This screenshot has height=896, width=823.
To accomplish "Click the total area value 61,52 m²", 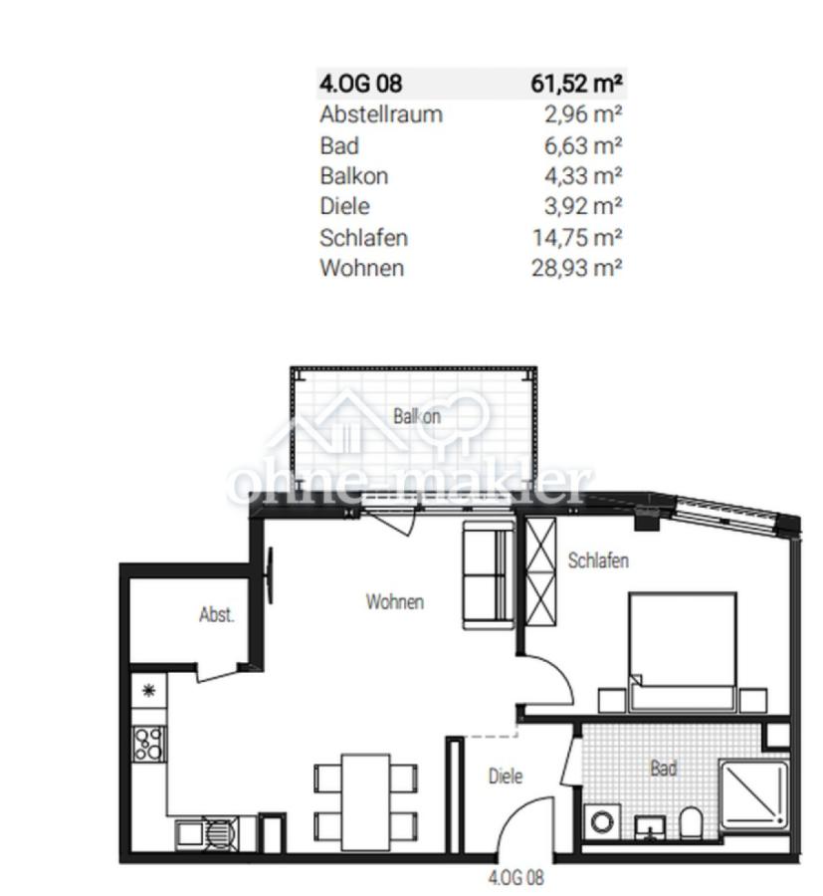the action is [x=576, y=84].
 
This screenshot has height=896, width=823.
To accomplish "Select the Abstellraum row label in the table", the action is [x=381, y=114].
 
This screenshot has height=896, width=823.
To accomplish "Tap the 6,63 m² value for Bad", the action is [x=582, y=145].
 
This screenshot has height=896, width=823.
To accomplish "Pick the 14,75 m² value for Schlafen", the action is [x=577, y=237].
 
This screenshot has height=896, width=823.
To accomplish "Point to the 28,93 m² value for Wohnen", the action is [x=577, y=268].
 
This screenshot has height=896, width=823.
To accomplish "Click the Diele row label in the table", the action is [x=345, y=206].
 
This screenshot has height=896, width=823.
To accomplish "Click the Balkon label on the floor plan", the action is [x=417, y=416].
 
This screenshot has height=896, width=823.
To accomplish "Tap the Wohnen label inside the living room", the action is [x=395, y=601].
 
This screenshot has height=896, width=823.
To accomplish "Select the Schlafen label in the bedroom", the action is [x=598, y=560].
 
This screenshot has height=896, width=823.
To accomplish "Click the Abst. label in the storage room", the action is [x=217, y=615].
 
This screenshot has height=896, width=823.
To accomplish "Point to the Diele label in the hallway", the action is [x=506, y=776].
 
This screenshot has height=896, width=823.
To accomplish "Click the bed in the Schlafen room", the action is [x=682, y=652].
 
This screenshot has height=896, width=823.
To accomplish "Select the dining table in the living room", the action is [x=366, y=802].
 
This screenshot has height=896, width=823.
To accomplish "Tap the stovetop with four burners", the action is [x=149, y=744].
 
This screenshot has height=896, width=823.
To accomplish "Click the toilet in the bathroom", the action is [x=690, y=823].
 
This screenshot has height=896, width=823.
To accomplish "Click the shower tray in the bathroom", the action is [x=754, y=794].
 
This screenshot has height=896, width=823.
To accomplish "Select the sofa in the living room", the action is [x=489, y=574].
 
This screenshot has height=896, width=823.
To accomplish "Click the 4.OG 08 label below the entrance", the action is [x=516, y=877].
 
